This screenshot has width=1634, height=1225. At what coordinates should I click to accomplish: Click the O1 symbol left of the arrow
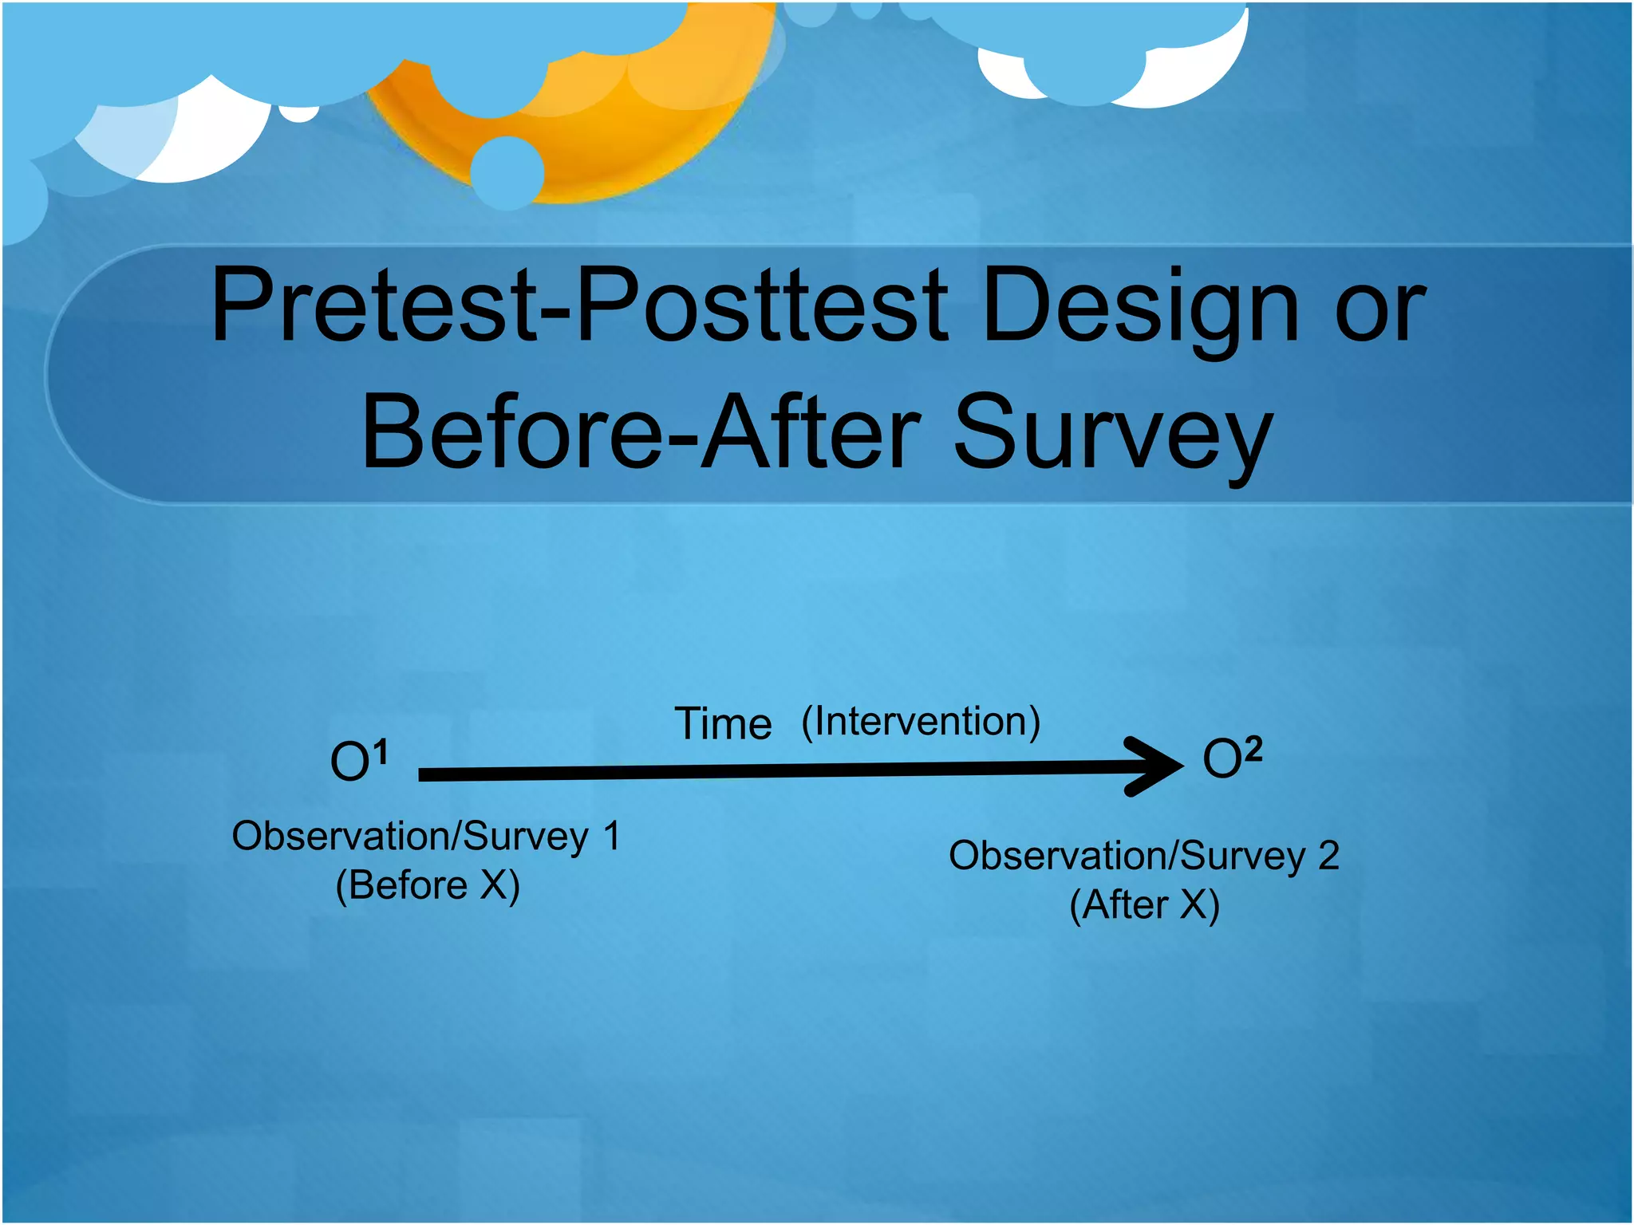pos(358,761)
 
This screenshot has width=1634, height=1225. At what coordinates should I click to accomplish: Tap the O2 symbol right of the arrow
pos(1232,758)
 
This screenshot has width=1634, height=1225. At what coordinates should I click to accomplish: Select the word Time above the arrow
pos(723,724)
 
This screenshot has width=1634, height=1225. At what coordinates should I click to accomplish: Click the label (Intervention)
pos(921,722)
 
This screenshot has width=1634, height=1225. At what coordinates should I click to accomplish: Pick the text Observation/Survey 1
pos(425,837)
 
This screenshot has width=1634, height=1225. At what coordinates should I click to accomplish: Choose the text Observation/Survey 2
pos(1143,856)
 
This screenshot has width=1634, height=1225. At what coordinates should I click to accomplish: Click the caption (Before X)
pos(428,885)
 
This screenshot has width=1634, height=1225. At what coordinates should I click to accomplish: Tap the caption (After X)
pos(1144,904)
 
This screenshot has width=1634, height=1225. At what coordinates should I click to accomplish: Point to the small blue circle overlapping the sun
pos(507,172)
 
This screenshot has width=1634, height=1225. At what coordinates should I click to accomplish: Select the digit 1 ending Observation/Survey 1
pos(611,836)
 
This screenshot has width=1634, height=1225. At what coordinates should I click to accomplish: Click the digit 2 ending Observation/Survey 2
pos(1328,856)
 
